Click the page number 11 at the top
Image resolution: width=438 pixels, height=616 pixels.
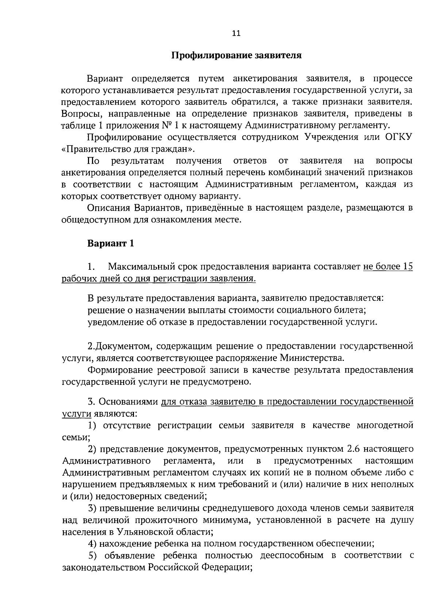[236, 34]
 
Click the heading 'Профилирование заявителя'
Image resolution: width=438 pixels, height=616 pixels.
[237, 56]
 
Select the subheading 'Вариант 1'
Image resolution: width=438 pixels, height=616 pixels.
[111, 243]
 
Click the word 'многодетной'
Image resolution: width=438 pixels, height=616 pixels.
[385, 425]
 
